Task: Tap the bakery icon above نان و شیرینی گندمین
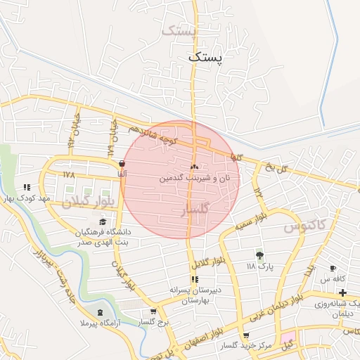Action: point(194,167)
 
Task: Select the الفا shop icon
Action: point(123,163)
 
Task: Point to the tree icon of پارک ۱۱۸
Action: point(259,255)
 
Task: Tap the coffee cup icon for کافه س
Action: point(333,269)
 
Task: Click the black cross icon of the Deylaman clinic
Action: point(342,291)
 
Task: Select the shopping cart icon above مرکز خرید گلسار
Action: point(245,335)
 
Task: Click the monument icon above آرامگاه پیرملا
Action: point(100,311)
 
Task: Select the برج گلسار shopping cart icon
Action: point(153,311)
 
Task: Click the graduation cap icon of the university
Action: point(103,221)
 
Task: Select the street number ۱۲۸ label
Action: point(68,174)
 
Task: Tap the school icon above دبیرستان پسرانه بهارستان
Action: point(194,279)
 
